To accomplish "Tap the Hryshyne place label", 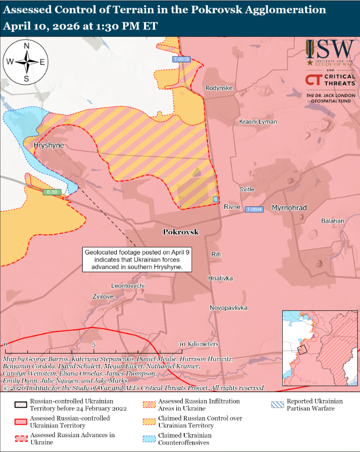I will click(49, 146).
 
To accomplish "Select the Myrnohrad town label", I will click(289, 208).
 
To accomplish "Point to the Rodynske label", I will click(219, 88).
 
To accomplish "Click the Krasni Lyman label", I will click(257, 122).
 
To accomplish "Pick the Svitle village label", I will click(247, 190).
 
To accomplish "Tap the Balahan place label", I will click(332, 221).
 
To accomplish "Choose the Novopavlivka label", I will click(228, 308).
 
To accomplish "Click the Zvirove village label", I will click(103, 296).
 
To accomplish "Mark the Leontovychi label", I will click(128, 286).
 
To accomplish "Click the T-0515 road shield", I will click(181, 59).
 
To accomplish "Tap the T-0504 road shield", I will click(254, 209).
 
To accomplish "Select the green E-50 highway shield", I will click(51, 192).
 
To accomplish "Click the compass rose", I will click(26, 62).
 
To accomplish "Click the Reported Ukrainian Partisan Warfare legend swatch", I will click(278, 404).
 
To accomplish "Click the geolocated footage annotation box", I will click(138, 259).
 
